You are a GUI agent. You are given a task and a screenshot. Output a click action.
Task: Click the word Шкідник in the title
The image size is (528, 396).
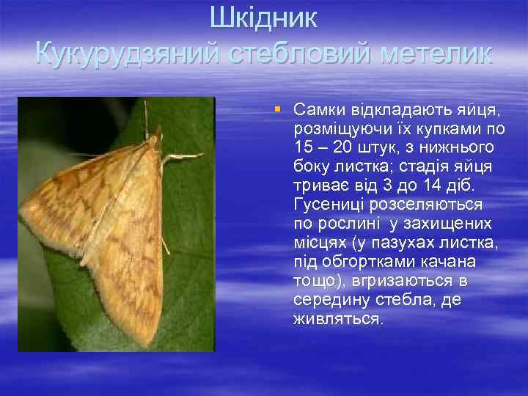point(263,18)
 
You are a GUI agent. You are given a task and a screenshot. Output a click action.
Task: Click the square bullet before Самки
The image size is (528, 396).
point(277,109)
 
